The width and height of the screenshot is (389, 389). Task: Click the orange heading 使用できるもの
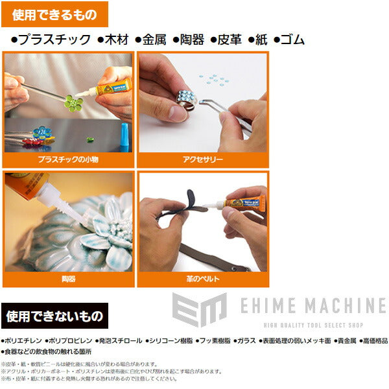[54, 14]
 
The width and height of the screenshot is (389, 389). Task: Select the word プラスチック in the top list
[54, 40]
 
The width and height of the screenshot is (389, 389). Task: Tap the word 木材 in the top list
[115, 40]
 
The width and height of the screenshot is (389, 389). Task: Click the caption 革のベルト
[202, 278]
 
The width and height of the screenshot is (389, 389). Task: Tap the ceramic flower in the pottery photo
[107, 227]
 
